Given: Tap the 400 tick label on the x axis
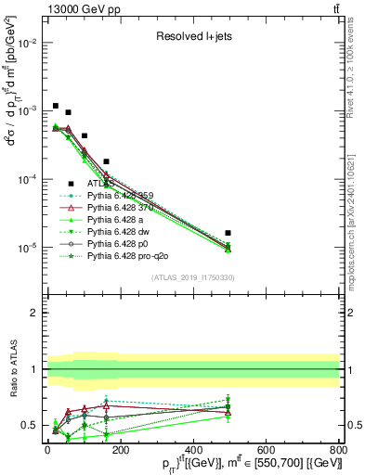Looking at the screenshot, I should point(193,451).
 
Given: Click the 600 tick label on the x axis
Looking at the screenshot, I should point(266,451).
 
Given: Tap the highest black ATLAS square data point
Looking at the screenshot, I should point(56,106).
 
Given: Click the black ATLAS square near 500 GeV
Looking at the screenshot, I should point(228,233).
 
